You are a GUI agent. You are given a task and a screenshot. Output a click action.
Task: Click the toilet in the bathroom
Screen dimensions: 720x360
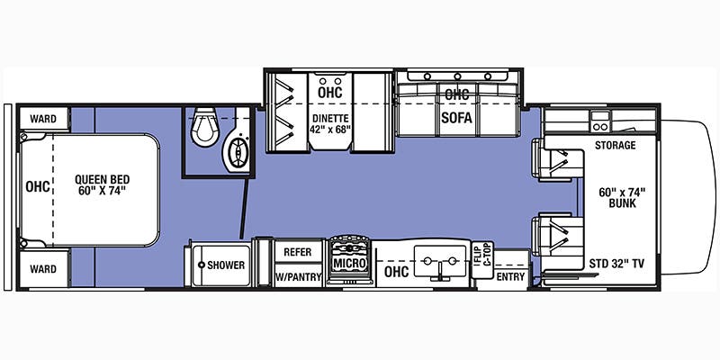[204, 128]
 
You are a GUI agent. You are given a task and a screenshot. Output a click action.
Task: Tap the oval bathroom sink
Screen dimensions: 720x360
[238, 152]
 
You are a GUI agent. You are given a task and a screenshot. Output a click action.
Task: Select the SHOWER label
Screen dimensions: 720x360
[226, 265]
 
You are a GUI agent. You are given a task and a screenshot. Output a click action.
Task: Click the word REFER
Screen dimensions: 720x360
[298, 252]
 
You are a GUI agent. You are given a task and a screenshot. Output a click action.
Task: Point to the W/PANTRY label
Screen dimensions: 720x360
[299, 276]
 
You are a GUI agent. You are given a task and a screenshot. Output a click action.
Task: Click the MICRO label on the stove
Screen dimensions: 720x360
[350, 264]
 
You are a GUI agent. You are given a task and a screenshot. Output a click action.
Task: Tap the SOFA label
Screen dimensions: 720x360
[456, 118]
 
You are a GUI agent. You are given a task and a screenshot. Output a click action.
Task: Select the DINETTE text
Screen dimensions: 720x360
[330, 118]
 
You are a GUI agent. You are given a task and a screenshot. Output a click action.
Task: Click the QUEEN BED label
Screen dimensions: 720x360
[103, 179]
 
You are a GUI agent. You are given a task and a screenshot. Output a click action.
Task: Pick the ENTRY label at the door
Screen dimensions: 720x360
[510, 276]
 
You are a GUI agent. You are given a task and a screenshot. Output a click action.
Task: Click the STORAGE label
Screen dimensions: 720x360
[616, 146]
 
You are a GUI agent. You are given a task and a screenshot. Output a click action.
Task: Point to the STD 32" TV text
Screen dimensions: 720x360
[616, 264]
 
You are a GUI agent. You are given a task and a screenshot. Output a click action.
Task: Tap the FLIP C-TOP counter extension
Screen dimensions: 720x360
[482, 259]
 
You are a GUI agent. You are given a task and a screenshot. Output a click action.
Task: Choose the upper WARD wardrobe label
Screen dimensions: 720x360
[43, 119]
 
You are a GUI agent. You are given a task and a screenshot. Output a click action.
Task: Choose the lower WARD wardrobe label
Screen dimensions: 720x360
[43, 269]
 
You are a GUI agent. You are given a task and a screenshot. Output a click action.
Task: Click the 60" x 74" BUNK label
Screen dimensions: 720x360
[622, 198]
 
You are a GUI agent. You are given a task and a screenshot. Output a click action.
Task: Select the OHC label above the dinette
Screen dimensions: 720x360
[330, 92]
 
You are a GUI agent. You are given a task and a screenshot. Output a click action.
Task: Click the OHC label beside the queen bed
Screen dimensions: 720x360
[38, 187]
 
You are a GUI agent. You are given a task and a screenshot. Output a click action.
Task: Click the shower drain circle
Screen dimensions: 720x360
[201, 265]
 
